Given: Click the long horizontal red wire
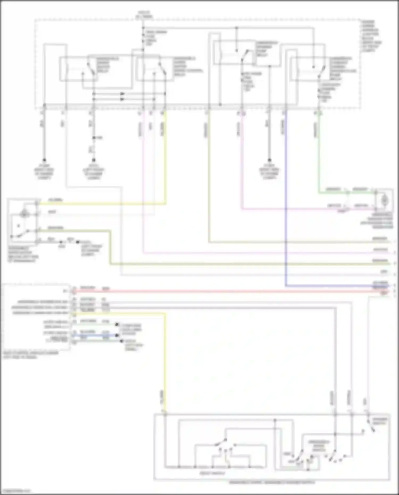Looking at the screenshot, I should click(226, 292).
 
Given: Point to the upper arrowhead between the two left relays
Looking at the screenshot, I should click(122, 94).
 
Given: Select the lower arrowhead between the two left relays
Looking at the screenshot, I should click(122, 99).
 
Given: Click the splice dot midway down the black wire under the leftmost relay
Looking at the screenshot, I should click(94, 138).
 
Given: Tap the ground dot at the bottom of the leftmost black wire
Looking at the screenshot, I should click(44, 160).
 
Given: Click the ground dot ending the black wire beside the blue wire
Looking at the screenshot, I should click(269, 160).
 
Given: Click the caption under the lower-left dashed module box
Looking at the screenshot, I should click(31, 355).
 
